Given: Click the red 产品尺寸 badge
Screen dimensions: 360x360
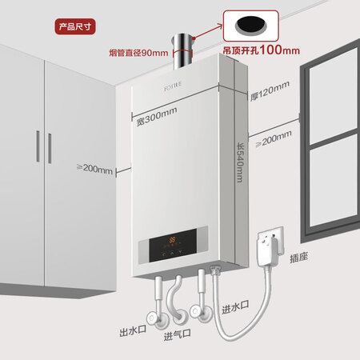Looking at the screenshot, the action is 75,26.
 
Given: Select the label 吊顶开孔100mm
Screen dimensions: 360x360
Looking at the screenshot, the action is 262,50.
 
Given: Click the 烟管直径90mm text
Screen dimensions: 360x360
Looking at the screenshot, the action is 138,53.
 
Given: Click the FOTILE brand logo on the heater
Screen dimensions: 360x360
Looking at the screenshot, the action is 173,86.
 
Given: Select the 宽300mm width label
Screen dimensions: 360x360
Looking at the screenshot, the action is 157,117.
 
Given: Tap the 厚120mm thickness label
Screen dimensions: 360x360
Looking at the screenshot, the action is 270,90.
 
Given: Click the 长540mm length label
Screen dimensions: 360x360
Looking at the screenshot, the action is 240,162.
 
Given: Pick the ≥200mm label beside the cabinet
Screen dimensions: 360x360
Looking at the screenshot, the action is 94,169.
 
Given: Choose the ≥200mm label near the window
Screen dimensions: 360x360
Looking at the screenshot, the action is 274,138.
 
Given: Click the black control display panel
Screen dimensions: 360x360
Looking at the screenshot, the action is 173,245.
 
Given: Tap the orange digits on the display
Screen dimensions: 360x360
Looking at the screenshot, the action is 172,239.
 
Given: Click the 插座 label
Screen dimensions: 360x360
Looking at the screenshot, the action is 299,258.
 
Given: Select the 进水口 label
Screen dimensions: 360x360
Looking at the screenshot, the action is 235,307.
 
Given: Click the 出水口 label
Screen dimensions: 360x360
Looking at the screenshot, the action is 133,331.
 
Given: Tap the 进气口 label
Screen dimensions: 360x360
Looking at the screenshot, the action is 178,335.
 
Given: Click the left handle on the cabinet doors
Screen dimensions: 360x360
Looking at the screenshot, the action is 38,146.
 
